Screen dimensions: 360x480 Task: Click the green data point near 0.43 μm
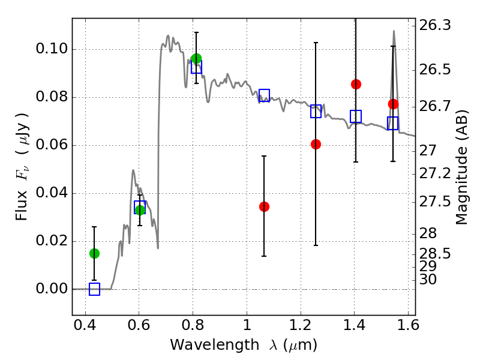(x=94, y=253)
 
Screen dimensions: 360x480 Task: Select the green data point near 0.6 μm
(x=140, y=210)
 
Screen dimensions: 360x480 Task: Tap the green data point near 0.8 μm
(x=196, y=59)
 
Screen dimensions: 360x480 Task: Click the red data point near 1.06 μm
(x=264, y=206)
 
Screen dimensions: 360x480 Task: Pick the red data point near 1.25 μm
(x=316, y=144)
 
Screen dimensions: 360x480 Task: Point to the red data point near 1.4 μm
(x=356, y=84)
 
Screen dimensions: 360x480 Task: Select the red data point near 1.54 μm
(x=393, y=104)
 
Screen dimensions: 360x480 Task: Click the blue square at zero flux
(x=94, y=289)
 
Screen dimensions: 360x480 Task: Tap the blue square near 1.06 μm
(x=264, y=95)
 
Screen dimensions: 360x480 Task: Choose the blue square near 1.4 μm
(x=356, y=116)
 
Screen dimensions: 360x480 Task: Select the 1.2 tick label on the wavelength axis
(x=299, y=328)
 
